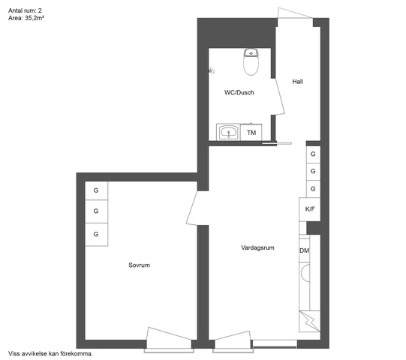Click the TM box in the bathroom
[x=252, y=133]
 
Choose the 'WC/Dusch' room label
[x=239, y=93]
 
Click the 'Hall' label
[x=298, y=81]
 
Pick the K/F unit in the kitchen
[x=310, y=209]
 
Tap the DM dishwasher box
[x=304, y=250]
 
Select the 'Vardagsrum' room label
[x=257, y=247]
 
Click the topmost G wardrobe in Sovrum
[x=96, y=190]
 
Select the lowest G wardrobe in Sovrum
[x=96, y=234]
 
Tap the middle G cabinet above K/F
[x=312, y=171]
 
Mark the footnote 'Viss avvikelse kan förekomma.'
[x=50, y=352]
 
